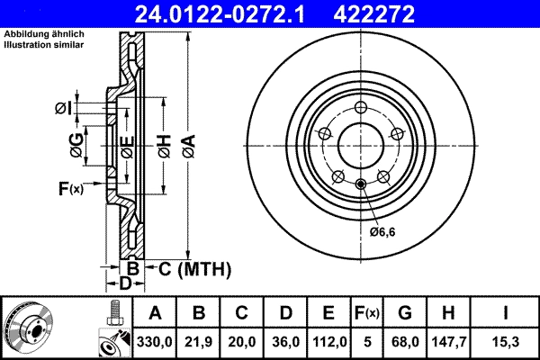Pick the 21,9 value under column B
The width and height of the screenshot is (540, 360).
coord(200,342)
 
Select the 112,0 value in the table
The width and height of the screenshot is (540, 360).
coord(328,342)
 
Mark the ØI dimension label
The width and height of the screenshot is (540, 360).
coord(62,108)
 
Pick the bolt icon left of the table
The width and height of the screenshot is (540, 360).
coord(114,314)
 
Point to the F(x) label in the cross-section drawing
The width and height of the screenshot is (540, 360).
coord(70,188)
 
